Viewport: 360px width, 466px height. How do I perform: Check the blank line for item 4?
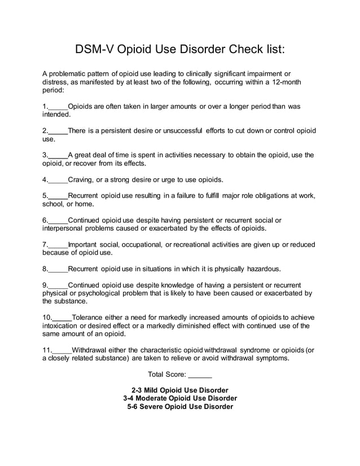pyautogui.click(x=58, y=181)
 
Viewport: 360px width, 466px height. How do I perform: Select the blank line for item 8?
pyautogui.click(x=58, y=269)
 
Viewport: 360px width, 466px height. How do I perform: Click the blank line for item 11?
pyautogui.click(x=62, y=350)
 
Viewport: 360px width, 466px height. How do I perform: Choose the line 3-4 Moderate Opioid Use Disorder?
pyautogui.click(x=179, y=398)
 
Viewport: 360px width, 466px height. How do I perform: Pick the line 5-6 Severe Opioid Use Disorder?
pyautogui.click(x=179, y=406)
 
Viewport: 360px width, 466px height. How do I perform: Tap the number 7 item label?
pyautogui.click(x=45, y=245)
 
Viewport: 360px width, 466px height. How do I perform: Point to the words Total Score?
pyautogui.click(x=166, y=375)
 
